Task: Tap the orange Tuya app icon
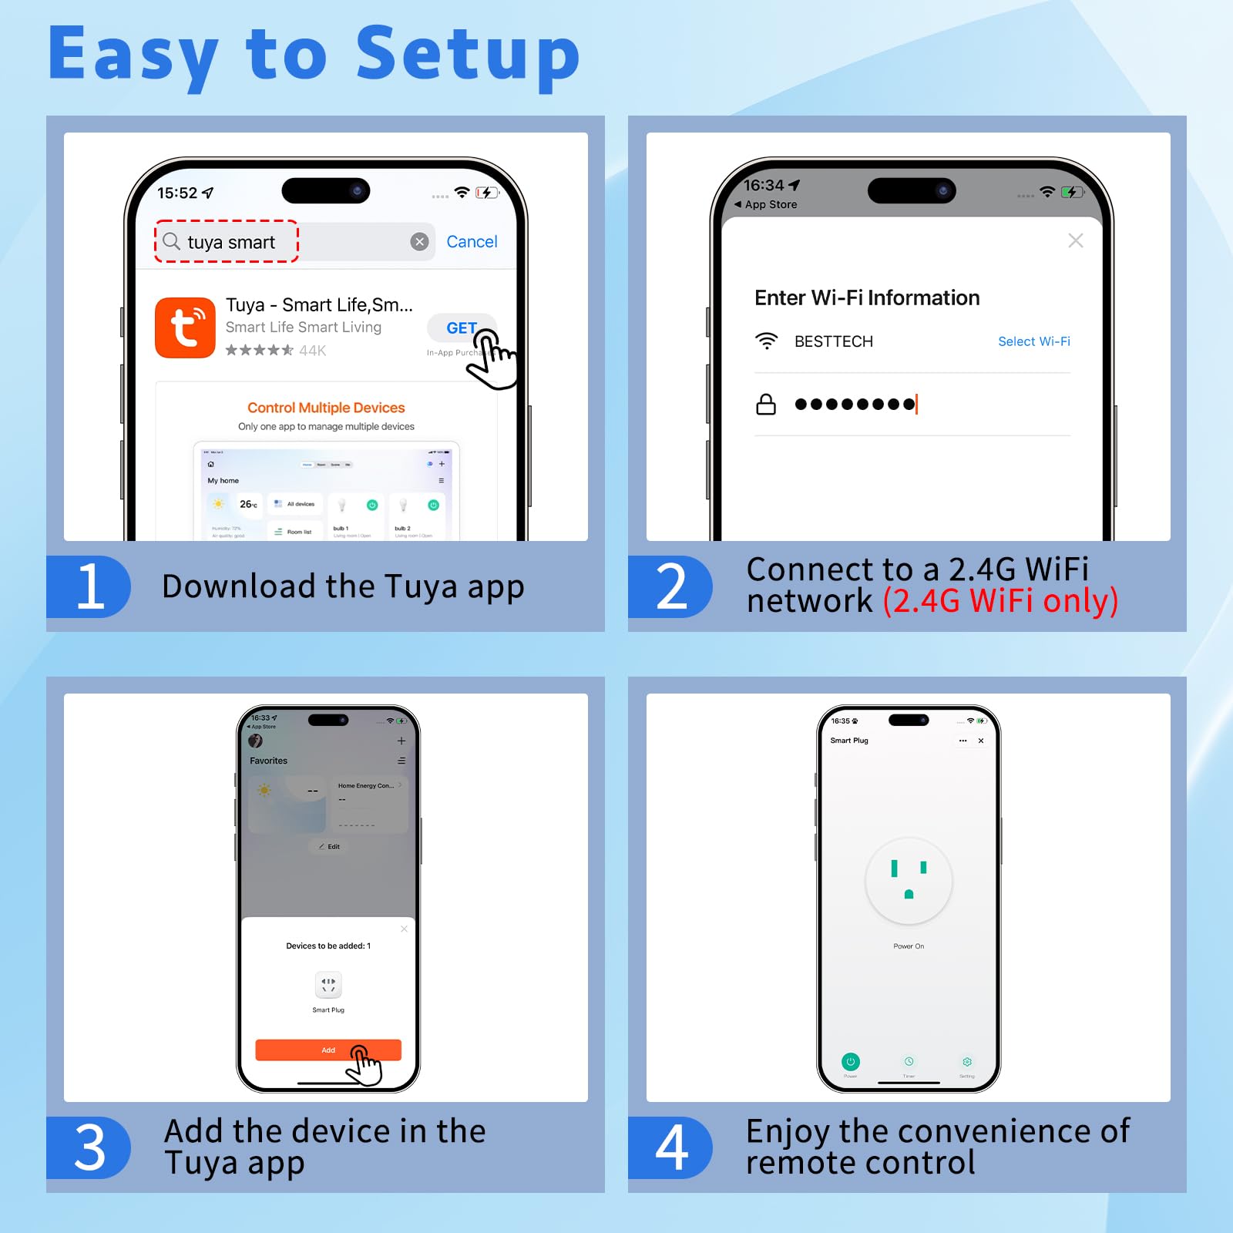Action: pyautogui.click(x=185, y=328)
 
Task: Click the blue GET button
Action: pyautogui.click(x=461, y=328)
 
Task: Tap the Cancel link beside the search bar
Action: pyautogui.click(x=472, y=242)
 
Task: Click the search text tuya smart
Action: pyautogui.click(x=230, y=243)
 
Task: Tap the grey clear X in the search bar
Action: pyautogui.click(x=419, y=242)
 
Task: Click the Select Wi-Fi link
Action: pyautogui.click(x=1033, y=341)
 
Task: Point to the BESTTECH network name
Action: pyautogui.click(x=833, y=341)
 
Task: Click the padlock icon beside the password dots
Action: pyautogui.click(x=766, y=404)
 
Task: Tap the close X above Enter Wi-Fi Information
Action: pyautogui.click(x=1076, y=240)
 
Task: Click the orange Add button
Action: pyautogui.click(x=328, y=1050)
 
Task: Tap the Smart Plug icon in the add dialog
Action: pyautogui.click(x=328, y=985)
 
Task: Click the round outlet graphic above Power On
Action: pyautogui.click(x=909, y=881)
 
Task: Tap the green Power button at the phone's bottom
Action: pyautogui.click(x=850, y=1062)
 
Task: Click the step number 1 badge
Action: pyautogui.click(x=89, y=586)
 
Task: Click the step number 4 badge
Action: pyautogui.click(x=671, y=1147)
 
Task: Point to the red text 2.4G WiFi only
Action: pyautogui.click(x=1000, y=601)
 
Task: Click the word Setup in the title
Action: pyautogui.click(x=467, y=55)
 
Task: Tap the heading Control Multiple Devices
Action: pyautogui.click(x=326, y=408)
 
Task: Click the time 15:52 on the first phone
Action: pyautogui.click(x=177, y=193)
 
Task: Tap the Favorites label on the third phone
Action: pyautogui.click(x=268, y=761)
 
